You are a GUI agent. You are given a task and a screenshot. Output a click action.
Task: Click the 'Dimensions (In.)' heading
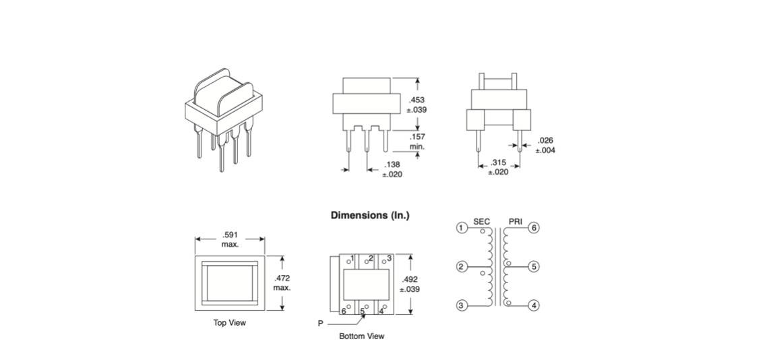click(370, 216)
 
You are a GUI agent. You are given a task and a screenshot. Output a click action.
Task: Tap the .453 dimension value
click(418, 100)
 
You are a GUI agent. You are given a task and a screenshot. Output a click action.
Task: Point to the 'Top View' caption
click(230, 323)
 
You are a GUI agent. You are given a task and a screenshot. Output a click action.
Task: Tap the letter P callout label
click(321, 324)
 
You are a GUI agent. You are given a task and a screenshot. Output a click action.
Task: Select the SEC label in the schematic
click(481, 221)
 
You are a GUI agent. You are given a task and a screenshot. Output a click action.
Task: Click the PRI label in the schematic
click(516, 221)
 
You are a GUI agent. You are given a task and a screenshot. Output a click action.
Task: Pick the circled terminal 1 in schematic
click(462, 228)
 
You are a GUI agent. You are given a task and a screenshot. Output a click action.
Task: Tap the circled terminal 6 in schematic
click(534, 228)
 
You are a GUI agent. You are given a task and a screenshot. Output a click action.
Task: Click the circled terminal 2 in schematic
click(462, 267)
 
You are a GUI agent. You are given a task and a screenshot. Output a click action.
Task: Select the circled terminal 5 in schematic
click(534, 267)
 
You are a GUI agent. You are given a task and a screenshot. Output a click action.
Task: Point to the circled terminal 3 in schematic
click(462, 305)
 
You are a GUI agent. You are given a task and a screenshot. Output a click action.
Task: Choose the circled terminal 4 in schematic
click(534, 305)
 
